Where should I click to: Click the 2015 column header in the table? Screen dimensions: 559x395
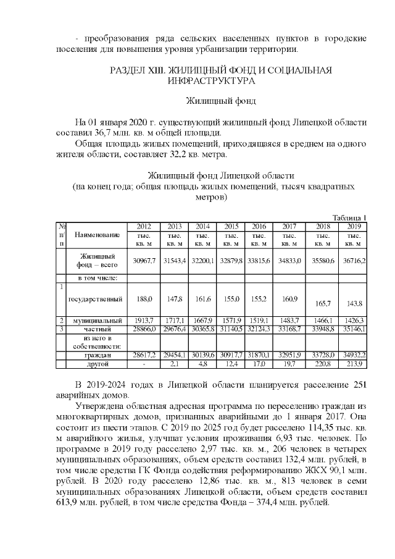(231, 225)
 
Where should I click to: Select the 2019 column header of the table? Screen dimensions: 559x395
(354, 225)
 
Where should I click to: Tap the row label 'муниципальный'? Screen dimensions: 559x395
(96, 321)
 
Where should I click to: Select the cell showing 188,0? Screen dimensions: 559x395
(144, 299)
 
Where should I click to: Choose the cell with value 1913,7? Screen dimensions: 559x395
(144, 321)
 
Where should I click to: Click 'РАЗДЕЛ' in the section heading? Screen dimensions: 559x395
(131, 69)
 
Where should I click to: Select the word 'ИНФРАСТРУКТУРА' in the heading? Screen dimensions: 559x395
(207, 80)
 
